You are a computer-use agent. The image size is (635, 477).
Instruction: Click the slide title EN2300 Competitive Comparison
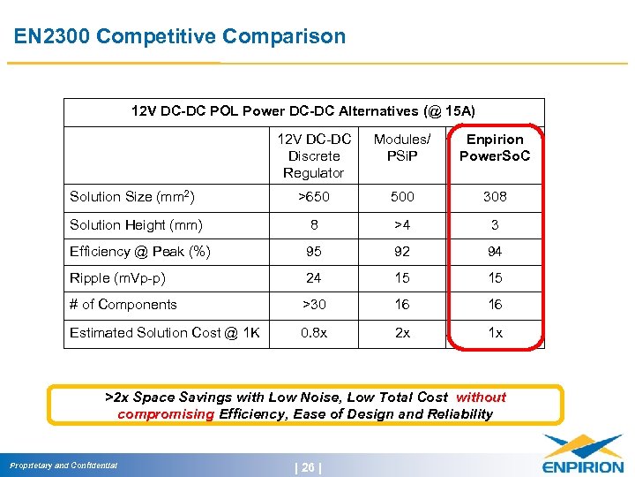coord(181,36)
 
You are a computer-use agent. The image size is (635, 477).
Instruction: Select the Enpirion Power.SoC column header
coord(495,148)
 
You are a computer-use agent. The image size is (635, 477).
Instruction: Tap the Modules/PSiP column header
coord(402,148)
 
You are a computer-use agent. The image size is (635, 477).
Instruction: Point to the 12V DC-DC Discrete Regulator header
coord(313,155)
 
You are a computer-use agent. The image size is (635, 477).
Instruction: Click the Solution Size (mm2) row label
coord(132,196)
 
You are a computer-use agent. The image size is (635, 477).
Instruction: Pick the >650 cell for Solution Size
coord(313,197)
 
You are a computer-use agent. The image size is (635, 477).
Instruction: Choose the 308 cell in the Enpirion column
coord(495,197)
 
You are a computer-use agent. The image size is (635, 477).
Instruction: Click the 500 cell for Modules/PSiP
coord(402,197)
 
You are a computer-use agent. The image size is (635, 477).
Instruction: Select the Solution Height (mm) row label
coord(137,224)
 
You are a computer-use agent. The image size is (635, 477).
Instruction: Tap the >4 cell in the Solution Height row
coord(402,224)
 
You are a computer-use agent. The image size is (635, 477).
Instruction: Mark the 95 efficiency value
coord(313,252)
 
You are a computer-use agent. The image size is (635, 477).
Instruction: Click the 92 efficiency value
coord(402,252)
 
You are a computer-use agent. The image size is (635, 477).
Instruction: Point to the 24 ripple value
coord(313,278)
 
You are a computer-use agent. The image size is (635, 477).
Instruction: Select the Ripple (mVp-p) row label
coord(118,278)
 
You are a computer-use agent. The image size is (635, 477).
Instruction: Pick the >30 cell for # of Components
coord(313,305)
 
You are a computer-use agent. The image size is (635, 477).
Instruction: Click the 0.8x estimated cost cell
coord(313,333)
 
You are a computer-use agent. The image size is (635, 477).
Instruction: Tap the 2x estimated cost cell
coord(402,333)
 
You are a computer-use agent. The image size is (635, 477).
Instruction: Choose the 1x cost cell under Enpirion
coord(495,333)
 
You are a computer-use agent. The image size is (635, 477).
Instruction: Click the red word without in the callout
coord(481,397)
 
